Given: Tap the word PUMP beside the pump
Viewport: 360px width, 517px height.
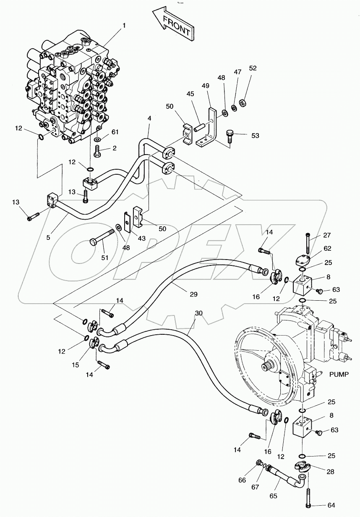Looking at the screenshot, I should pyautogui.click(x=339, y=374).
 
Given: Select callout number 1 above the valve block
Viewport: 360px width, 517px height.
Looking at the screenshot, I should pyautogui.click(x=124, y=26).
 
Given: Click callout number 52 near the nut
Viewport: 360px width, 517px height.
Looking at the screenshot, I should pyautogui.click(x=253, y=68).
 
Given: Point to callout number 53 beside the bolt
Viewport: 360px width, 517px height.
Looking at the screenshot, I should pyautogui.click(x=255, y=135).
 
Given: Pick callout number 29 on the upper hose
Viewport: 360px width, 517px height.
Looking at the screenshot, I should pyautogui.click(x=193, y=294).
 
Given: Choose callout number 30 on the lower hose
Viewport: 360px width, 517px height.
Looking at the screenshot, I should pyautogui.click(x=199, y=313).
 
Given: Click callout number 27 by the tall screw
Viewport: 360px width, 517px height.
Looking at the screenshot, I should pyautogui.click(x=327, y=235).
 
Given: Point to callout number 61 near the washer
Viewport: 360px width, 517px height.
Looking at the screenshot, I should pyautogui.click(x=115, y=132).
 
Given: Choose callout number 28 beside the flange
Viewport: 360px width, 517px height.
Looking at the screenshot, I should pyautogui.click(x=331, y=472).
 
